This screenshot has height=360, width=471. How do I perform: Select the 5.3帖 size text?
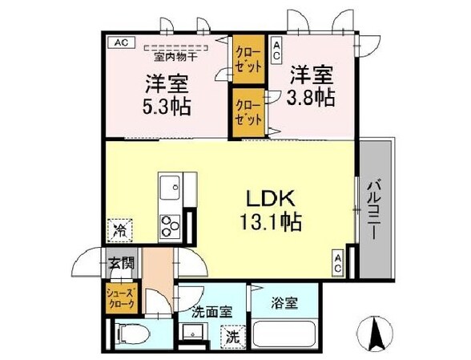point(167,105)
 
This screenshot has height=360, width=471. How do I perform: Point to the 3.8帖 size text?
point(310,97)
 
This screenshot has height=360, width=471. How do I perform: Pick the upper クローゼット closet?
point(248,59)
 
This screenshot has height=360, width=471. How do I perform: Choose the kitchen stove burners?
point(171,224)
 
